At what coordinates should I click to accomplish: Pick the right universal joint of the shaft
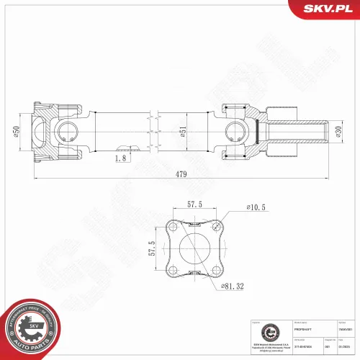tap(235, 130)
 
